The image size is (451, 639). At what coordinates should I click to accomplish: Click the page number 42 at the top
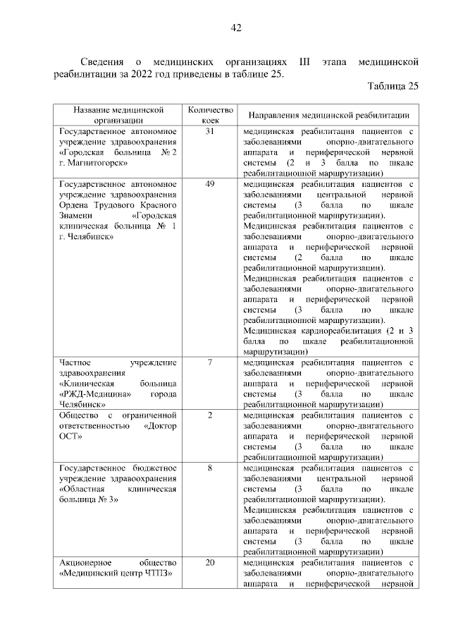pyautogui.click(x=236, y=28)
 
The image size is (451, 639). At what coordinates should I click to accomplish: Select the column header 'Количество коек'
pyautogui.click(x=209, y=115)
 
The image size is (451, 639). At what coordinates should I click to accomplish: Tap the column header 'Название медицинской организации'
pyautogui.click(x=119, y=115)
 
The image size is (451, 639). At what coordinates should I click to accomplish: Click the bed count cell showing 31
pyautogui.click(x=209, y=132)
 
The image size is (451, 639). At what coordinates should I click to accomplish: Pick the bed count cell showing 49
pyautogui.click(x=209, y=185)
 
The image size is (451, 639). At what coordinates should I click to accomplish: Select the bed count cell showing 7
pyautogui.click(x=209, y=363)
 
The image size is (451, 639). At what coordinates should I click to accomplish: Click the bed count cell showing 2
pyautogui.click(x=209, y=415)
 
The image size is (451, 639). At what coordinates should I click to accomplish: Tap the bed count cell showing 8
pyautogui.click(x=209, y=468)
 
